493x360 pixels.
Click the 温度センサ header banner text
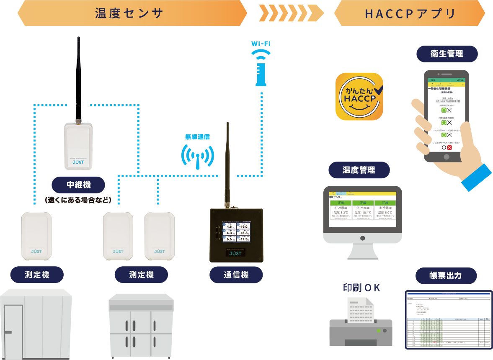click(129, 13)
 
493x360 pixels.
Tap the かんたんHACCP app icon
click(360, 97)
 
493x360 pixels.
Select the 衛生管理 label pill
click(447, 54)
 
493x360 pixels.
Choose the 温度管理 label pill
click(359, 170)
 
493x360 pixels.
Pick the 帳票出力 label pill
click(446, 275)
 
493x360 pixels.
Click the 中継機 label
click(78, 184)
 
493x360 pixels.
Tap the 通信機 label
click(236, 275)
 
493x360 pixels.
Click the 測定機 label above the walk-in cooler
click(37, 275)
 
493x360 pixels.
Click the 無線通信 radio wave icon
click(197, 156)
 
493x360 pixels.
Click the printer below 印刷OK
click(361, 322)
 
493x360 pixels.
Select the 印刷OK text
click(361, 288)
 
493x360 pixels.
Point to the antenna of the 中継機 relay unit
click(78, 80)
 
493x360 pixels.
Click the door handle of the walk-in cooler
click(8, 332)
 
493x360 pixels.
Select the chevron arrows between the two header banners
click(291, 13)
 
